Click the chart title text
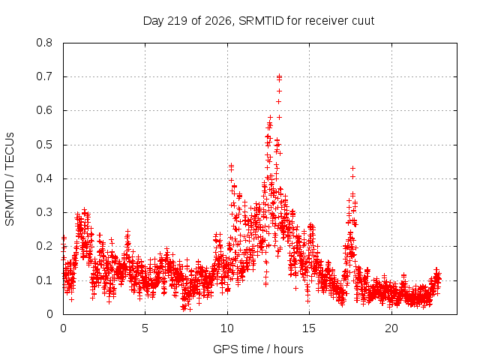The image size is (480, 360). [x=259, y=21]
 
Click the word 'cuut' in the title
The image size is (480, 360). [x=363, y=21]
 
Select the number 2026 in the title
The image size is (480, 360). [x=218, y=21]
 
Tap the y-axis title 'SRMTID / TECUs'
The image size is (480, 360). [x=10, y=179]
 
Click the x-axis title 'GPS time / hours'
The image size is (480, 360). [x=258, y=349]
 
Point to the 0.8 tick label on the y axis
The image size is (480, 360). [x=44, y=43]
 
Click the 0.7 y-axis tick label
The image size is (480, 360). [x=44, y=76]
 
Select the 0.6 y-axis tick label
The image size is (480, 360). [x=44, y=110]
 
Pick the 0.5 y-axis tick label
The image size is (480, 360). [x=44, y=145]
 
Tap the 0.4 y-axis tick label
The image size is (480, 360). [x=44, y=178]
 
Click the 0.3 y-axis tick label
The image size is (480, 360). [x=44, y=212]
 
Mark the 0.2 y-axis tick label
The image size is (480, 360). [x=44, y=246]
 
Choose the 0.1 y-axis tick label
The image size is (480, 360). [x=44, y=280]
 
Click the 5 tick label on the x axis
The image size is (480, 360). [x=145, y=328]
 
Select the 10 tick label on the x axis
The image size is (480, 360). [x=227, y=328]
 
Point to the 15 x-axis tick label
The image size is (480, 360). [x=309, y=328]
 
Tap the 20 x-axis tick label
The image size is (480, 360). [x=391, y=328]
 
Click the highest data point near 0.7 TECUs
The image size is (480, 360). [x=279, y=76]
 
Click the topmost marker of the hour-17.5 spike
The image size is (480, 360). [x=353, y=168]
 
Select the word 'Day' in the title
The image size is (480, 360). [x=153, y=21]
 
